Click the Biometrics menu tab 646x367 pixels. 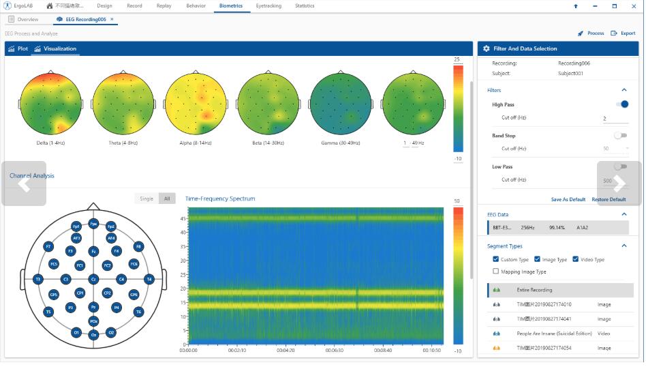coord(231,5)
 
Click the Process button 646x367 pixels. coord(591,33)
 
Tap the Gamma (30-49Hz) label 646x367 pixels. coord(341,143)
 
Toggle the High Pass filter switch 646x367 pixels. coord(621,104)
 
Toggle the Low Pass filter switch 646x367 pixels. coord(620,166)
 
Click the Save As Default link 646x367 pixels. coord(568,200)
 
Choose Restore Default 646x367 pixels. coord(609,200)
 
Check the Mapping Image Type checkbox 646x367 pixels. coord(495,271)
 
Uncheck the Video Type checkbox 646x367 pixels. coord(576,259)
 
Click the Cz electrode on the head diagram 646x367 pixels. coord(93,279)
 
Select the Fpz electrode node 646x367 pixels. coord(93,223)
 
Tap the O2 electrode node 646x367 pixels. coord(111,332)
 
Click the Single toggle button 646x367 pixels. coord(147,199)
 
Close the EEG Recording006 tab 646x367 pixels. coord(112,19)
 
